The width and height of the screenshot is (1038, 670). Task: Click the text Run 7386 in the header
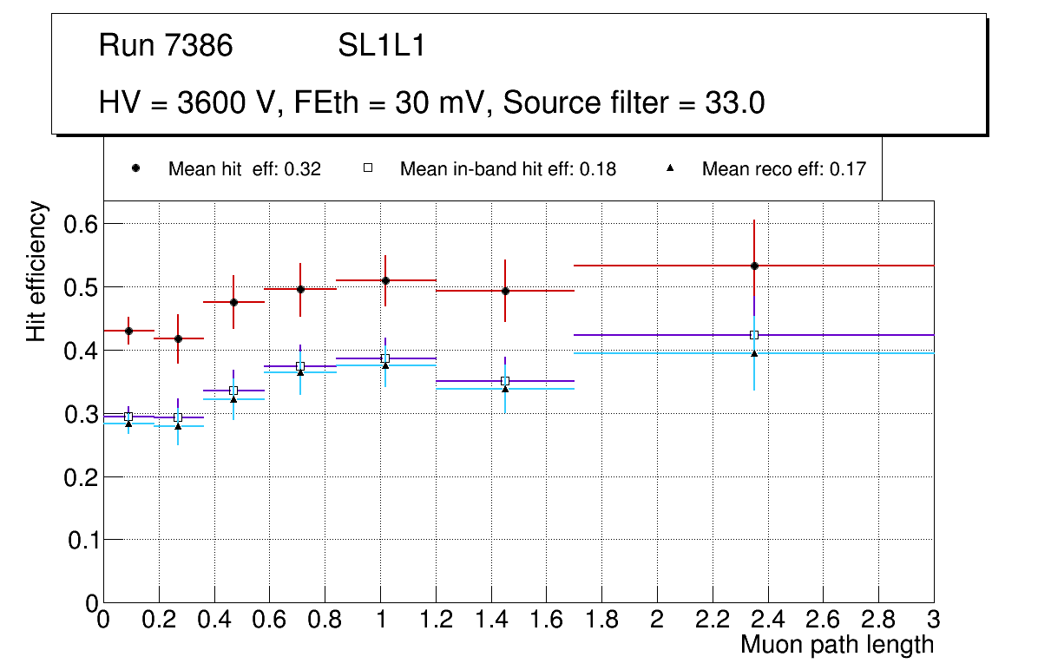[x=166, y=46]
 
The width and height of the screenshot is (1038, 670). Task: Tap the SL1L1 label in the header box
[x=381, y=46]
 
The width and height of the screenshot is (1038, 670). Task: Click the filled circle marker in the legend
[x=135, y=168]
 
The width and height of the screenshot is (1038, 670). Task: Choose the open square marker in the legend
[x=367, y=168]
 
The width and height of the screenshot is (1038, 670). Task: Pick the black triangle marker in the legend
[x=670, y=168]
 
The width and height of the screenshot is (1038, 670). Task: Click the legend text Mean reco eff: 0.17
[x=784, y=169]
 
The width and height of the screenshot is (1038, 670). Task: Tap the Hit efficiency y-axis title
[x=36, y=271]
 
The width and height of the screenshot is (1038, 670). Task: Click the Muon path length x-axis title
[x=837, y=645]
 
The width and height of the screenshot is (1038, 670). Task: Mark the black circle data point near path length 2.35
[x=754, y=266]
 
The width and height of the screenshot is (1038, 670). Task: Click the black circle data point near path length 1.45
[x=505, y=291]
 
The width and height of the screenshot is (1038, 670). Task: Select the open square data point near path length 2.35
[x=754, y=335]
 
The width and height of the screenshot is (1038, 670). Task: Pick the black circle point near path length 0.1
[x=128, y=331]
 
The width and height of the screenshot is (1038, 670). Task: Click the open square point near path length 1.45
[x=505, y=381]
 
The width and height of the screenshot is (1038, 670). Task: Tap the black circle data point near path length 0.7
[x=300, y=289]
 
